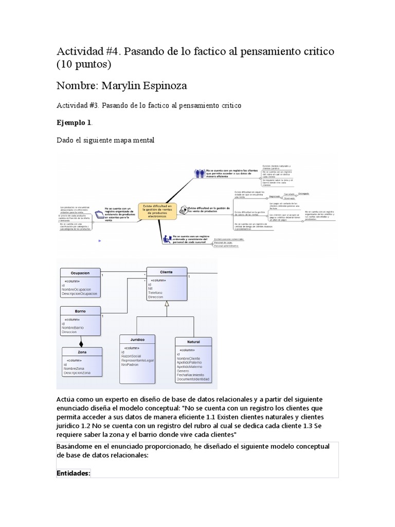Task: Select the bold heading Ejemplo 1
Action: click(74, 123)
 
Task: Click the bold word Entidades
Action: click(73, 472)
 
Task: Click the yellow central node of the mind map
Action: click(157, 211)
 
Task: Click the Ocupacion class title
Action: click(80, 272)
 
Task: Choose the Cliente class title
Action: click(166, 272)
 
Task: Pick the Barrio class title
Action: click(80, 311)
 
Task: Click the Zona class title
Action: click(82, 352)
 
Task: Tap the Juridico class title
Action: click(137, 340)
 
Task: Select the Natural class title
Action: click(194, 341)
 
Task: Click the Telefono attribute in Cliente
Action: click(156, 293)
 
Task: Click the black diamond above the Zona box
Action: click(81, 344)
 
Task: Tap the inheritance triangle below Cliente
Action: click(166, 305)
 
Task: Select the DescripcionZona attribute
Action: click(77, 373)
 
